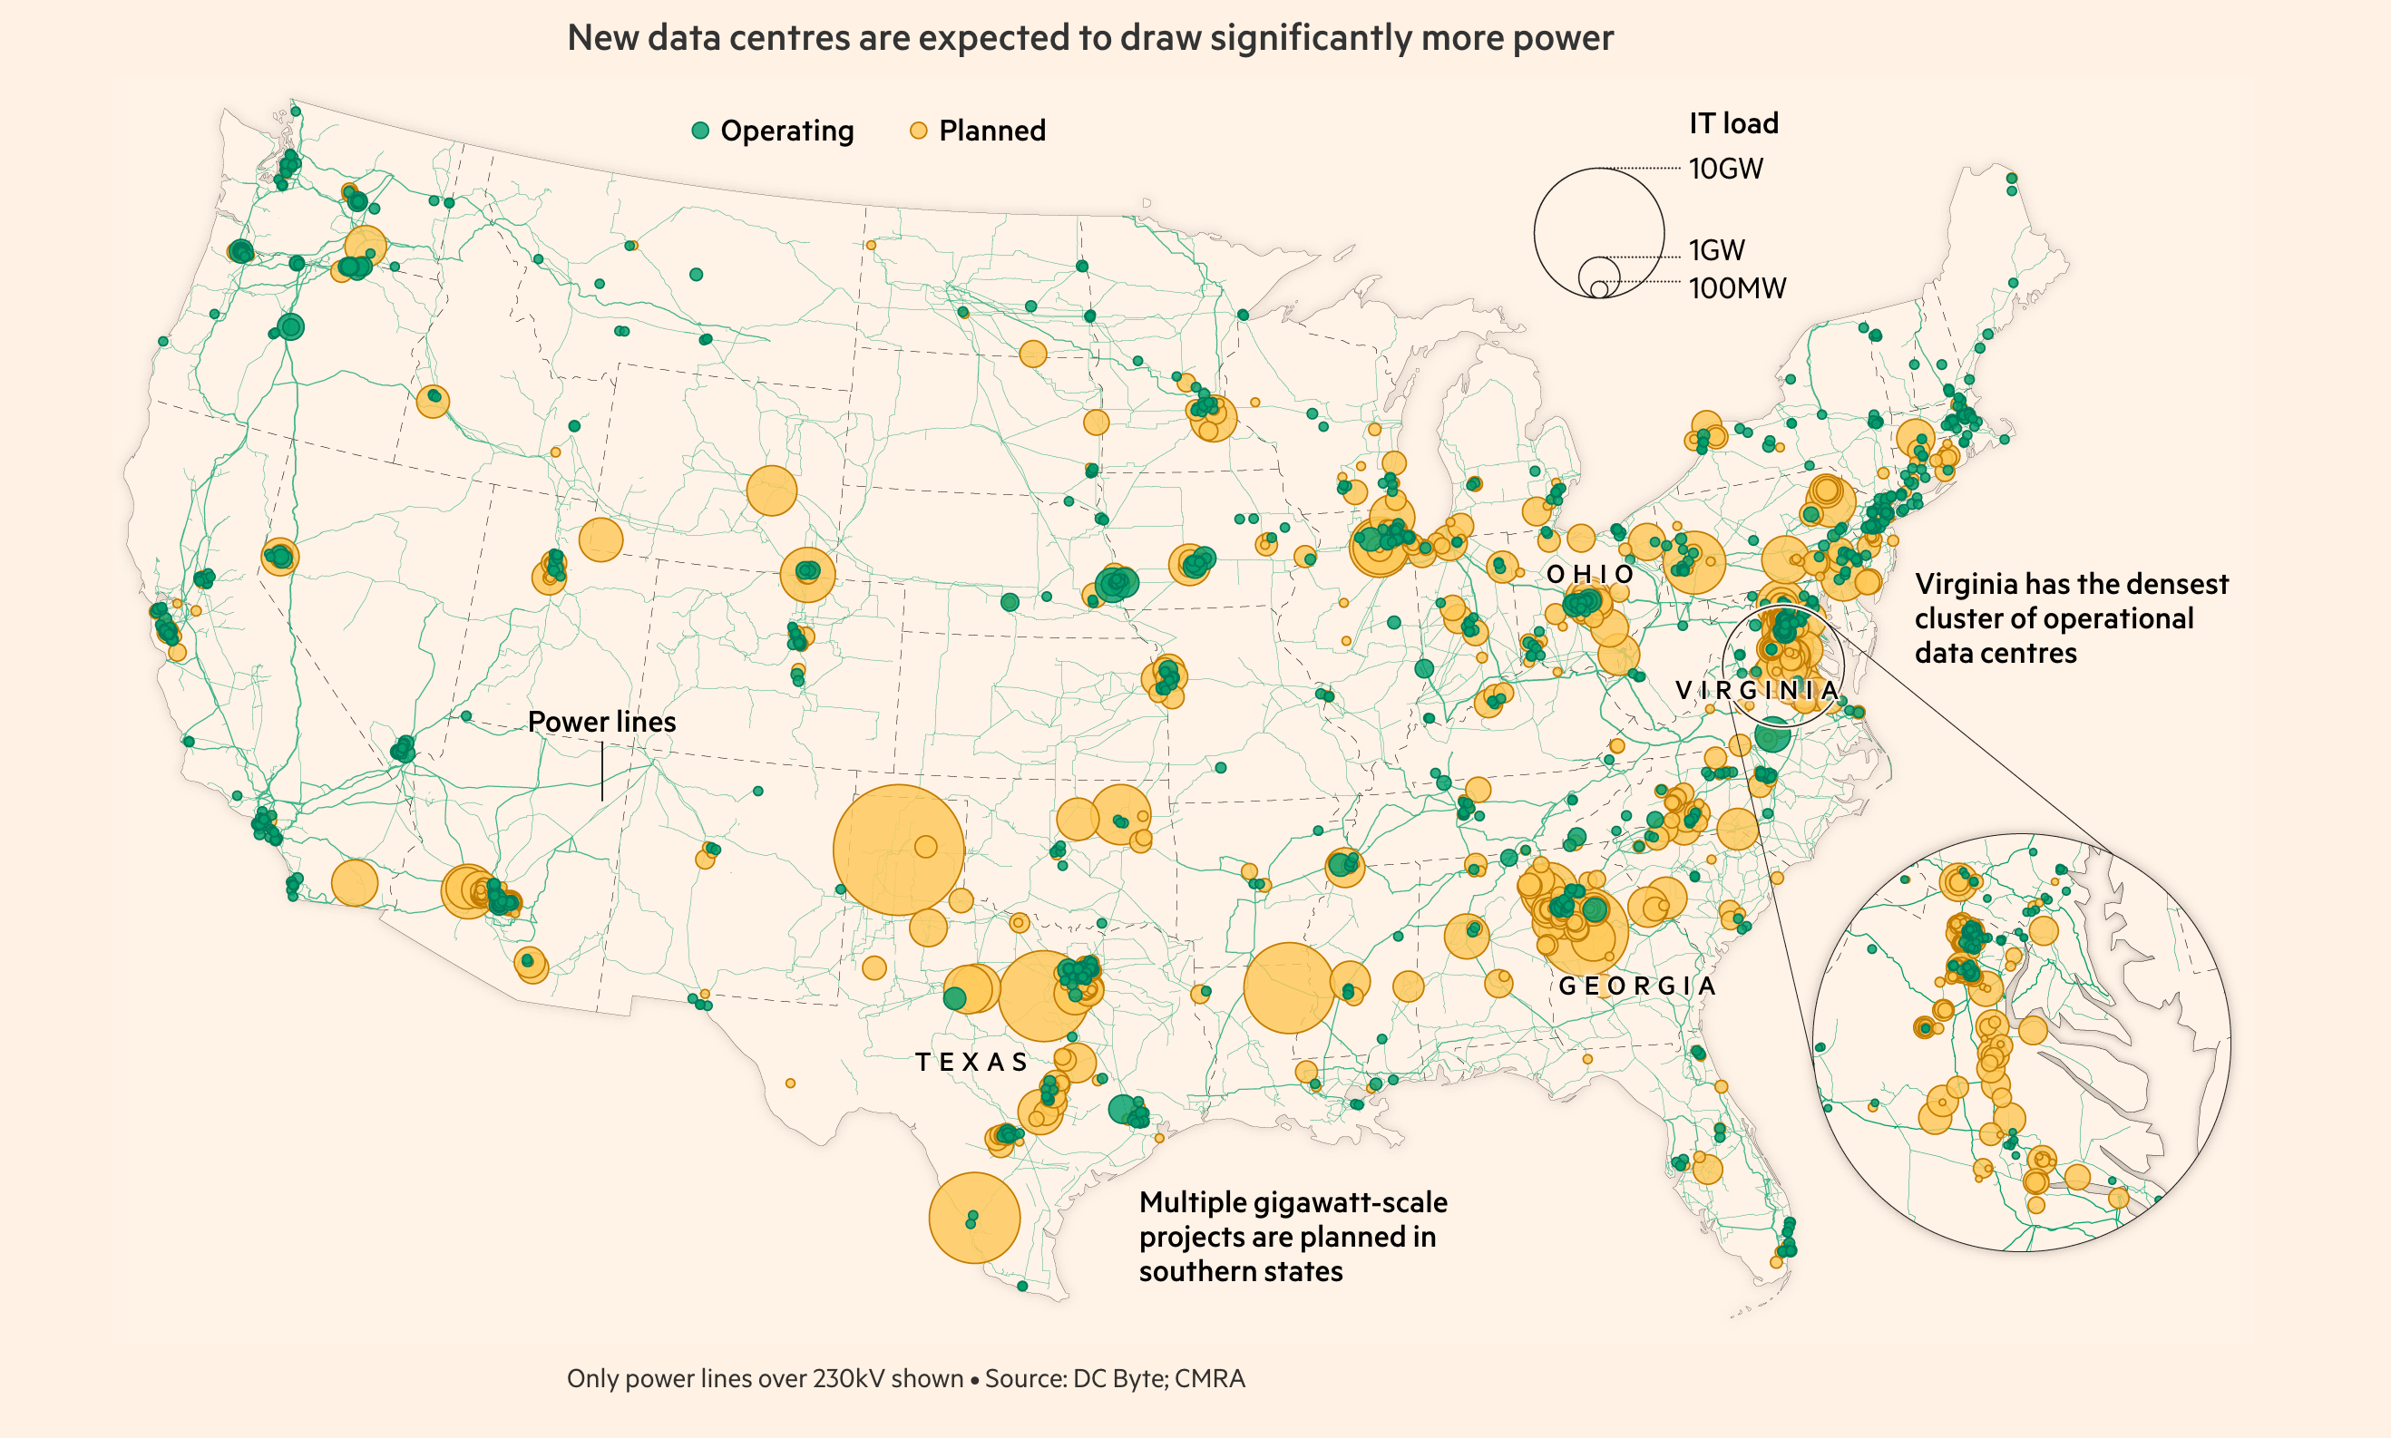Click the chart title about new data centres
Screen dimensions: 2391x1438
coord(1090,38)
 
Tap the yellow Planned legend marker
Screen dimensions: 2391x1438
coord(919,131)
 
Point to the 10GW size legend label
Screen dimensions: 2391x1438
coord(1726,169)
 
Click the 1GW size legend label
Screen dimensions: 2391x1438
coord(1716,250)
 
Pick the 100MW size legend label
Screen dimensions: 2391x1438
coord(1737,287)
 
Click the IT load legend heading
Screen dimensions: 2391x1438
coord(1734,123)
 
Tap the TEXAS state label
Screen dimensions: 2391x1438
coord(971,1062)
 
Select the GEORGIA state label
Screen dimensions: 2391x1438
coord(1637,986)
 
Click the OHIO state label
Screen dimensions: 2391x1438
coord(1590,575)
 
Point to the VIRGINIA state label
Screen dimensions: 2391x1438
coord(1757,690)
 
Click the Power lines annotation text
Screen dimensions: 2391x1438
coord(602,722)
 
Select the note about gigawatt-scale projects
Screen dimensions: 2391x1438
coord(1293,1237)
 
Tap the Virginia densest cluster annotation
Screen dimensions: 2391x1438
coord(2071,618)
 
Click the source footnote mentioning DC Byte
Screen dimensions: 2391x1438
coord(905,1378)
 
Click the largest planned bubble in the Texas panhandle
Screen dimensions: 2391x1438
coord(899,850)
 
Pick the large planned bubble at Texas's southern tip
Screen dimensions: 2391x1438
coord(974,1218)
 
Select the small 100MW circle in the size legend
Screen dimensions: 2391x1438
coord(1599,290)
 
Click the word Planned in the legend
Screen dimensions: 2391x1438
coord(992,131)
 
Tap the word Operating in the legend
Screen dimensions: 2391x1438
coord(787,131)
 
